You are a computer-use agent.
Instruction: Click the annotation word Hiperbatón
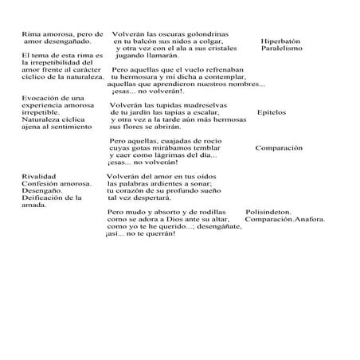point(280,41)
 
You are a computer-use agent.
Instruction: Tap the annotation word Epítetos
point(272,112)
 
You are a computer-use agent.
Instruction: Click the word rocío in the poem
point(218,140)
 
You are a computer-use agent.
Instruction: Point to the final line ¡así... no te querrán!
point(140,233)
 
